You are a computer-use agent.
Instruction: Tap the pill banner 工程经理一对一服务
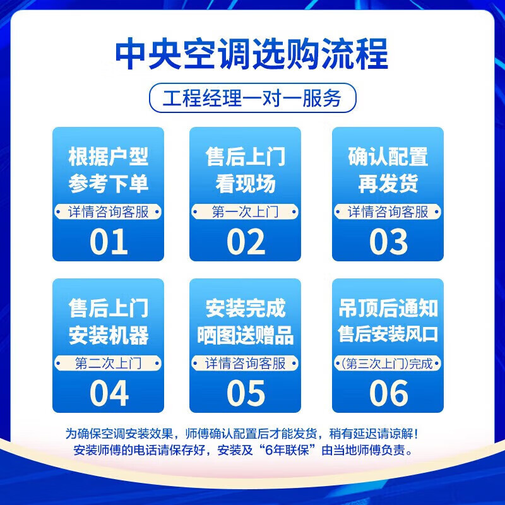252,99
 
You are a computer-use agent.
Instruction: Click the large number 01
109,242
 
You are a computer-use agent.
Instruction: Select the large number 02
246,242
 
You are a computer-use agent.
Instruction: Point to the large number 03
388,242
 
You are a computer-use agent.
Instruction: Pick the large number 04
109,393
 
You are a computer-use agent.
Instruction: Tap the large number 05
246,393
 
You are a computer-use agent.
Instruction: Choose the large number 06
388,393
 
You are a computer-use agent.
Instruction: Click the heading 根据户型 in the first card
108,157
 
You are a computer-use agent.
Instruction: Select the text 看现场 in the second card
246,184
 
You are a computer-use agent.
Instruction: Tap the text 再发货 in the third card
388,184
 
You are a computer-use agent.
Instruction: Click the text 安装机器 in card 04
108,335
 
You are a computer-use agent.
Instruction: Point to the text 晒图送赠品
246,335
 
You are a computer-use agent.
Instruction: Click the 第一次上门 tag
246,212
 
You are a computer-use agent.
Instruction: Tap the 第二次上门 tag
108,364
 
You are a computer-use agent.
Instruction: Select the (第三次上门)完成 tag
388,364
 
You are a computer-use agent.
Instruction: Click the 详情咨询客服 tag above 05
246,364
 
